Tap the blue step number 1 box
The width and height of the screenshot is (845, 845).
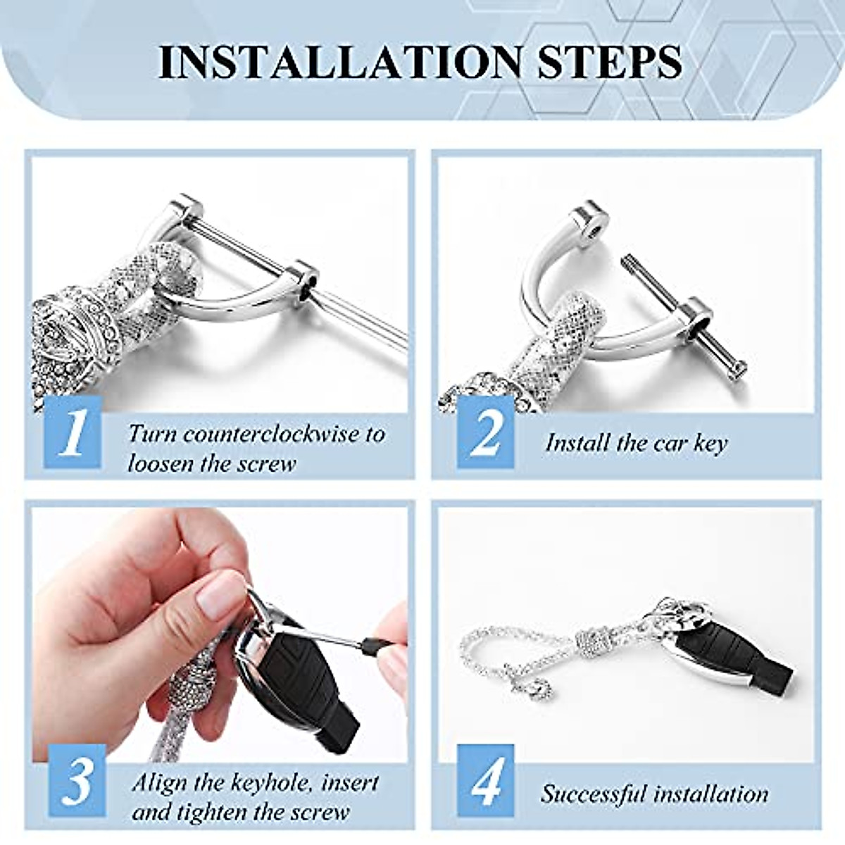pyautogui.click(x=73, y=432)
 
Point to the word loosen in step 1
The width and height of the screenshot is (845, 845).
pyautogui.click(x=165, y=464)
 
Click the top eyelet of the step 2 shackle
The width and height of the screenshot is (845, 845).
pyautogui.click(x=588, y=223)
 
